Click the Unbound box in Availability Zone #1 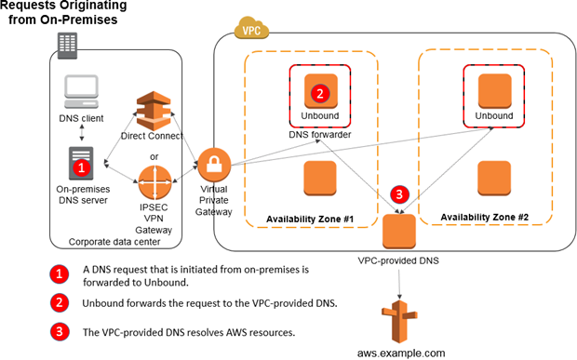tap(320, 93)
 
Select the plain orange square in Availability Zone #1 tap(320, 178)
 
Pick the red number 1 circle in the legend tap(58, 273)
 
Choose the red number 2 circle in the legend tap(58, 302)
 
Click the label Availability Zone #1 tap(311, 218)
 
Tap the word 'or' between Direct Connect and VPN tap(152, 154)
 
